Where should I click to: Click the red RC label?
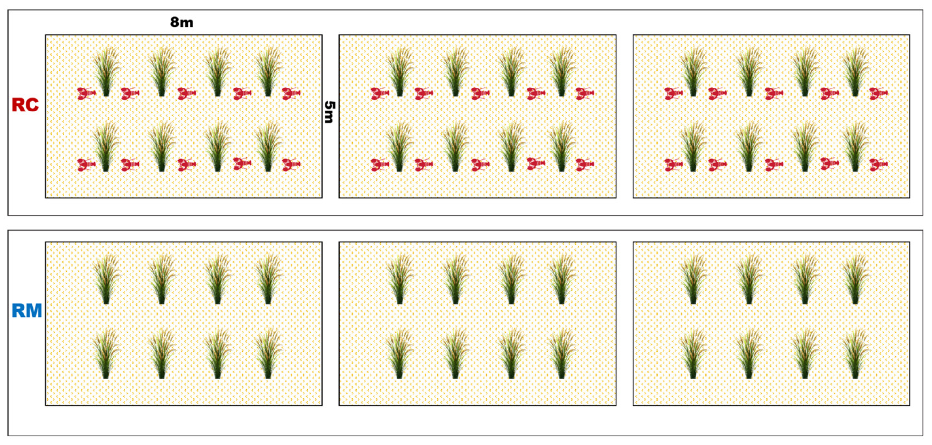25,105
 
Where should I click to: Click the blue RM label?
27,311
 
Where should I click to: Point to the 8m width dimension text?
181,23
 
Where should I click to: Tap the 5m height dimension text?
330,112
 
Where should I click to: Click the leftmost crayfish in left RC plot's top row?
87,93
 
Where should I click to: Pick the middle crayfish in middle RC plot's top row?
480,93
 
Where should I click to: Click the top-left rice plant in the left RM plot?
106,279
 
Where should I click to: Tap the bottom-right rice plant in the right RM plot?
855,354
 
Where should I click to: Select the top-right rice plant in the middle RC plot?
561,71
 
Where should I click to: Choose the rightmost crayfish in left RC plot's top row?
291,93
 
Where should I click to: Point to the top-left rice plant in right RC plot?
693,71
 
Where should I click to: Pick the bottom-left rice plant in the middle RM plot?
399,354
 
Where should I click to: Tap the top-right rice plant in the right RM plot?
855,279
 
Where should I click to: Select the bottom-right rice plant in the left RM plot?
268,354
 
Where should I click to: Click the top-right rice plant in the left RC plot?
268,71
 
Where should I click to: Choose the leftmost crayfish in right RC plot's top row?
674,93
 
